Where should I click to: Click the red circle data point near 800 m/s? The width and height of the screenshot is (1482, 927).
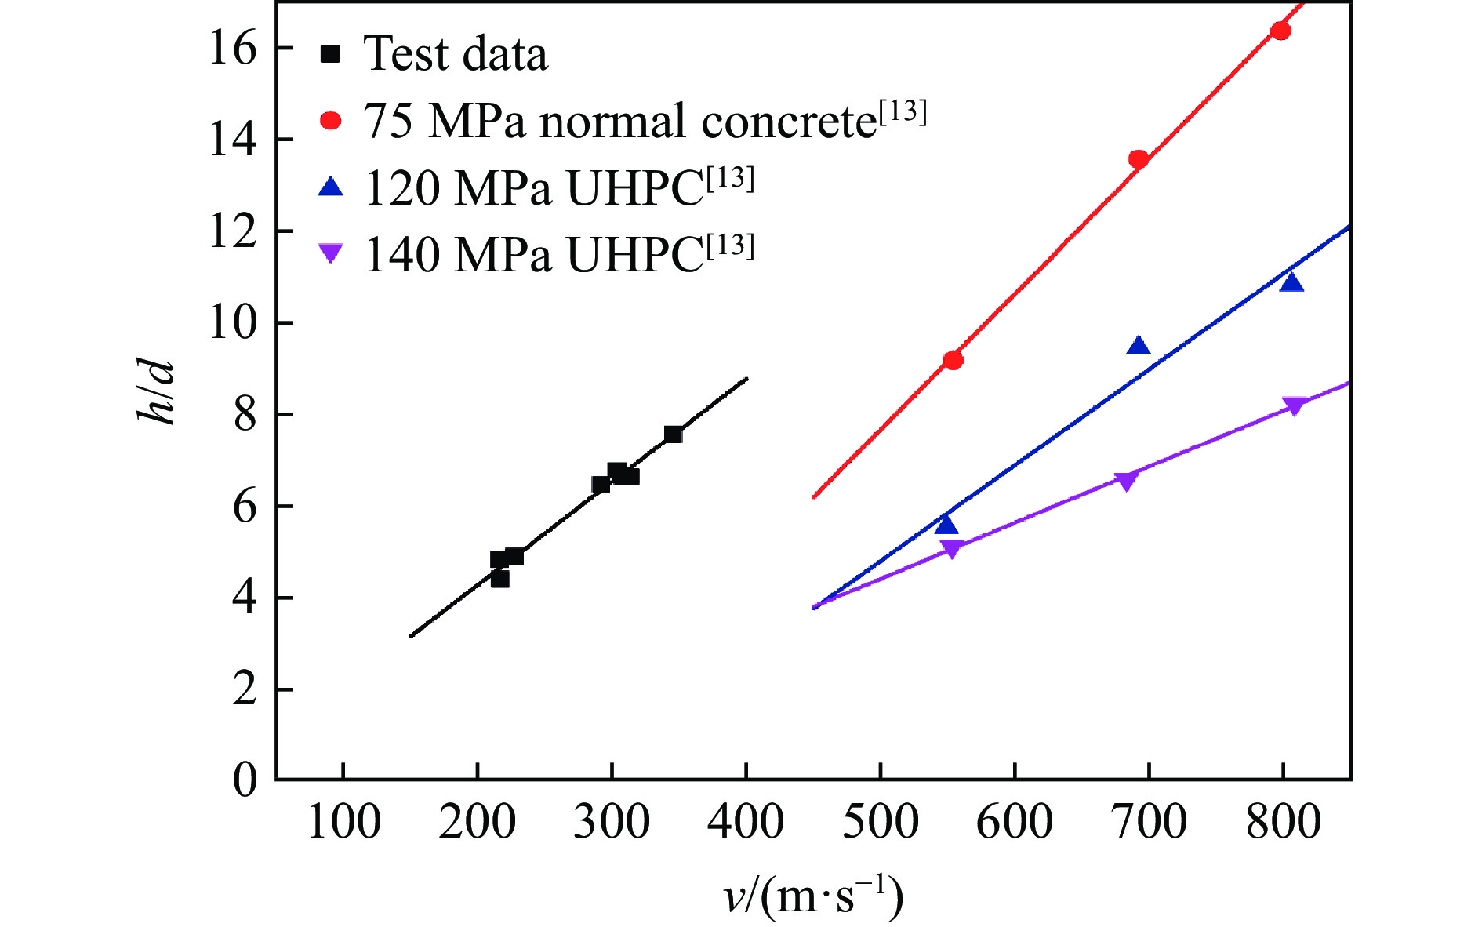(x=1280, y=31)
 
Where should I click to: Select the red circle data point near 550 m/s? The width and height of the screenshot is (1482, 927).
(x=953, y=360)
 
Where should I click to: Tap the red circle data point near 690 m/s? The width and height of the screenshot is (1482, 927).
(x=1138, y=159)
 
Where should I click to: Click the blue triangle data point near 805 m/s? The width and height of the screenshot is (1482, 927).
(x=1291, y=283)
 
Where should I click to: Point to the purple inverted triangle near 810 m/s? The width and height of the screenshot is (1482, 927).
(x=1294, y=405)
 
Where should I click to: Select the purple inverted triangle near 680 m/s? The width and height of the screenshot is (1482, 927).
(x=1126, y=480)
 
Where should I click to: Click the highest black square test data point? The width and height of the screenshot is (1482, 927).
(x=673, y=434)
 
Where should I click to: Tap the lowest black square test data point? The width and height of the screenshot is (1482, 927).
(x=499, y=579)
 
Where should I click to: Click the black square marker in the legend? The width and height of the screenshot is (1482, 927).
(x=331, y=54)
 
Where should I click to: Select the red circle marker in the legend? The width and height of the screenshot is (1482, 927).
(x=331, y=120)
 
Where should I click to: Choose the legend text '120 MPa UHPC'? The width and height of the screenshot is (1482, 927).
(x=558, y=188)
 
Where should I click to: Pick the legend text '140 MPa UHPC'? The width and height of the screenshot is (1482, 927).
(x=558, y=255)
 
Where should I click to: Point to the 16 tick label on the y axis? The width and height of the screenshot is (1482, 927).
(x=232, y=49)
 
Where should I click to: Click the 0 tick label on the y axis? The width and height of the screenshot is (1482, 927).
(x=245, y=780)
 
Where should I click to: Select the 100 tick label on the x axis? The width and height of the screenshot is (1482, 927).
(x=343, y=823)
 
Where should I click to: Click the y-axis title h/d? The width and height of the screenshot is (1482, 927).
(x=155, y=392)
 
